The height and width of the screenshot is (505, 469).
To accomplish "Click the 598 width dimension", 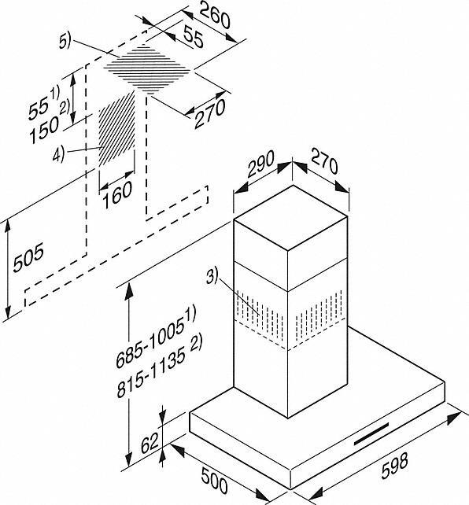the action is point(394,466).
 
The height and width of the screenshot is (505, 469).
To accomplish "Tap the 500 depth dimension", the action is point(214,480).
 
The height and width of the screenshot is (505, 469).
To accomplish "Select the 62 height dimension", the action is point(150,443).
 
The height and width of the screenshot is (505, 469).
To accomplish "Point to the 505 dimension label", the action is point(28,258).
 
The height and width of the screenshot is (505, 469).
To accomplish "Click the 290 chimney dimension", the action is point(260,164).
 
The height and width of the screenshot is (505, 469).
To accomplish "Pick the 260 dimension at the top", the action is point(215,16).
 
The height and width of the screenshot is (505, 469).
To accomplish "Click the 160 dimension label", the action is point(117,195).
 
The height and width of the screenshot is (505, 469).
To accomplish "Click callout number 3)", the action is point(212,277).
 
